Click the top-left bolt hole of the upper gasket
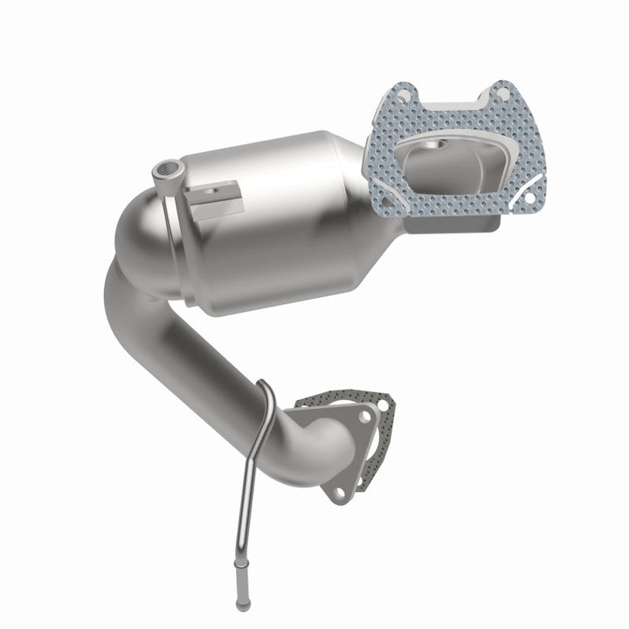399,90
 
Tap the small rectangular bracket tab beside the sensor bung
215,197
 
